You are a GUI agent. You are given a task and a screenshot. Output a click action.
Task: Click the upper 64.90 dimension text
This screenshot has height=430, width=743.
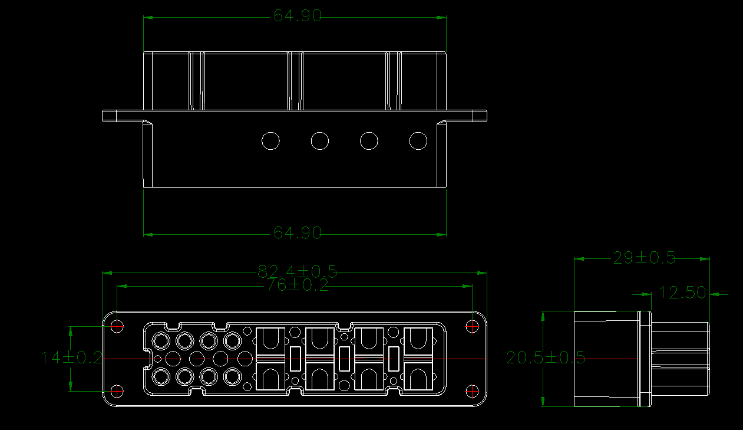click(x=298, y=17)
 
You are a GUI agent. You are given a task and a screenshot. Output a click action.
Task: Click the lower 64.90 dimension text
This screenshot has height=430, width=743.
click(x=298, y=234)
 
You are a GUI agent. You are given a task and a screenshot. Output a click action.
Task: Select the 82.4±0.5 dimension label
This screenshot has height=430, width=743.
click(x=298, y=271)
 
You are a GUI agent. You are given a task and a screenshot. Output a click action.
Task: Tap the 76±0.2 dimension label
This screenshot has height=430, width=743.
click(x=298, y=285)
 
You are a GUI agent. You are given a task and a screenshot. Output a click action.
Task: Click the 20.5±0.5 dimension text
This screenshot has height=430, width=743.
click(x=545, y=357)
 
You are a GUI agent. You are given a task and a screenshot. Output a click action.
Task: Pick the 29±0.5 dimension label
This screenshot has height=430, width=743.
click(x=644, y=258)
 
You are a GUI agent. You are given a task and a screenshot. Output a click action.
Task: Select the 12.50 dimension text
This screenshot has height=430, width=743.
click(x=682, y=293)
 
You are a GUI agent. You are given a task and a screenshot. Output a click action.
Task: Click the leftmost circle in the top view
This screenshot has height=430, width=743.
click(x=270, y=141)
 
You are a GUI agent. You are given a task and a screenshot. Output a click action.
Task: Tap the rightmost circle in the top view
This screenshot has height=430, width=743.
click(x=418, y=141)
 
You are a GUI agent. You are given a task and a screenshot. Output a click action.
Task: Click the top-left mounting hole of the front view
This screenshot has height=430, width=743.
click(x=118, y=326)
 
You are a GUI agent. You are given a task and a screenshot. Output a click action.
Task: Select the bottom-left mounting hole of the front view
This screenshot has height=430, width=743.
click(x=118, y=390)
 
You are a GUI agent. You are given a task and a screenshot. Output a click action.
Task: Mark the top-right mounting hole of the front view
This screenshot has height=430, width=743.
click(x=472, y=326)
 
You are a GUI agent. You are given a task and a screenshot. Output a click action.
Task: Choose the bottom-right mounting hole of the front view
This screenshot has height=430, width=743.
click(x=472, y=390)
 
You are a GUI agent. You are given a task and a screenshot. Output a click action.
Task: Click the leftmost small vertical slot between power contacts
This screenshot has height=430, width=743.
click(x=296, y=359)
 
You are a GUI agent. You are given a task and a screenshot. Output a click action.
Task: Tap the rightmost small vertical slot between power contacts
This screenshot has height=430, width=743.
click(x=395, y=359)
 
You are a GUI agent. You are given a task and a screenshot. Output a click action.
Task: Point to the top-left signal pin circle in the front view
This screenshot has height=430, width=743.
click(x=160, y=340)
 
